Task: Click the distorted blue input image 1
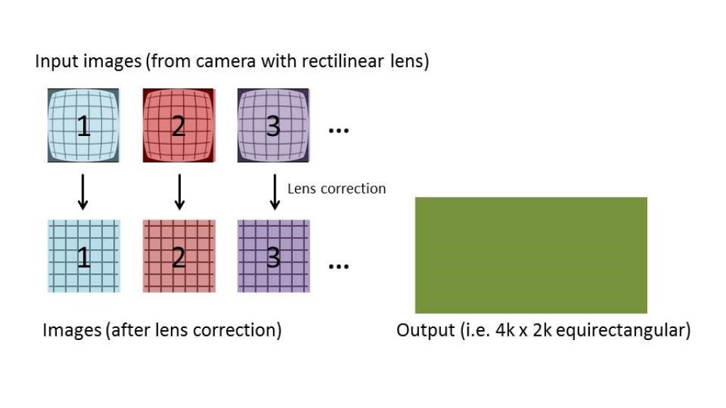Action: click(x=84, y=125)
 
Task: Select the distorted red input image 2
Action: click(x=179, y=125)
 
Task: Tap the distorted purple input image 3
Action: click(x=273, y=125)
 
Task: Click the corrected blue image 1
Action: click(x=84, y=256)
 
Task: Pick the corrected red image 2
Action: click(x=179, y=256)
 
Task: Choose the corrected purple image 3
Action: click(x=273, y=256)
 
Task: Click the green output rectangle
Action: click(x=530, y=255)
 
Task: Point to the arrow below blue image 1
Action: click(x=83, y=191)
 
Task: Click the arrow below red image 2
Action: click(x=179, y=191)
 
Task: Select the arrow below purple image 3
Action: click(x=274, y=191)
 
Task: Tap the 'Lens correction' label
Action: click(x=337, y=188)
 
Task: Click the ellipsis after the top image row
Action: click(x=339, y=131)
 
